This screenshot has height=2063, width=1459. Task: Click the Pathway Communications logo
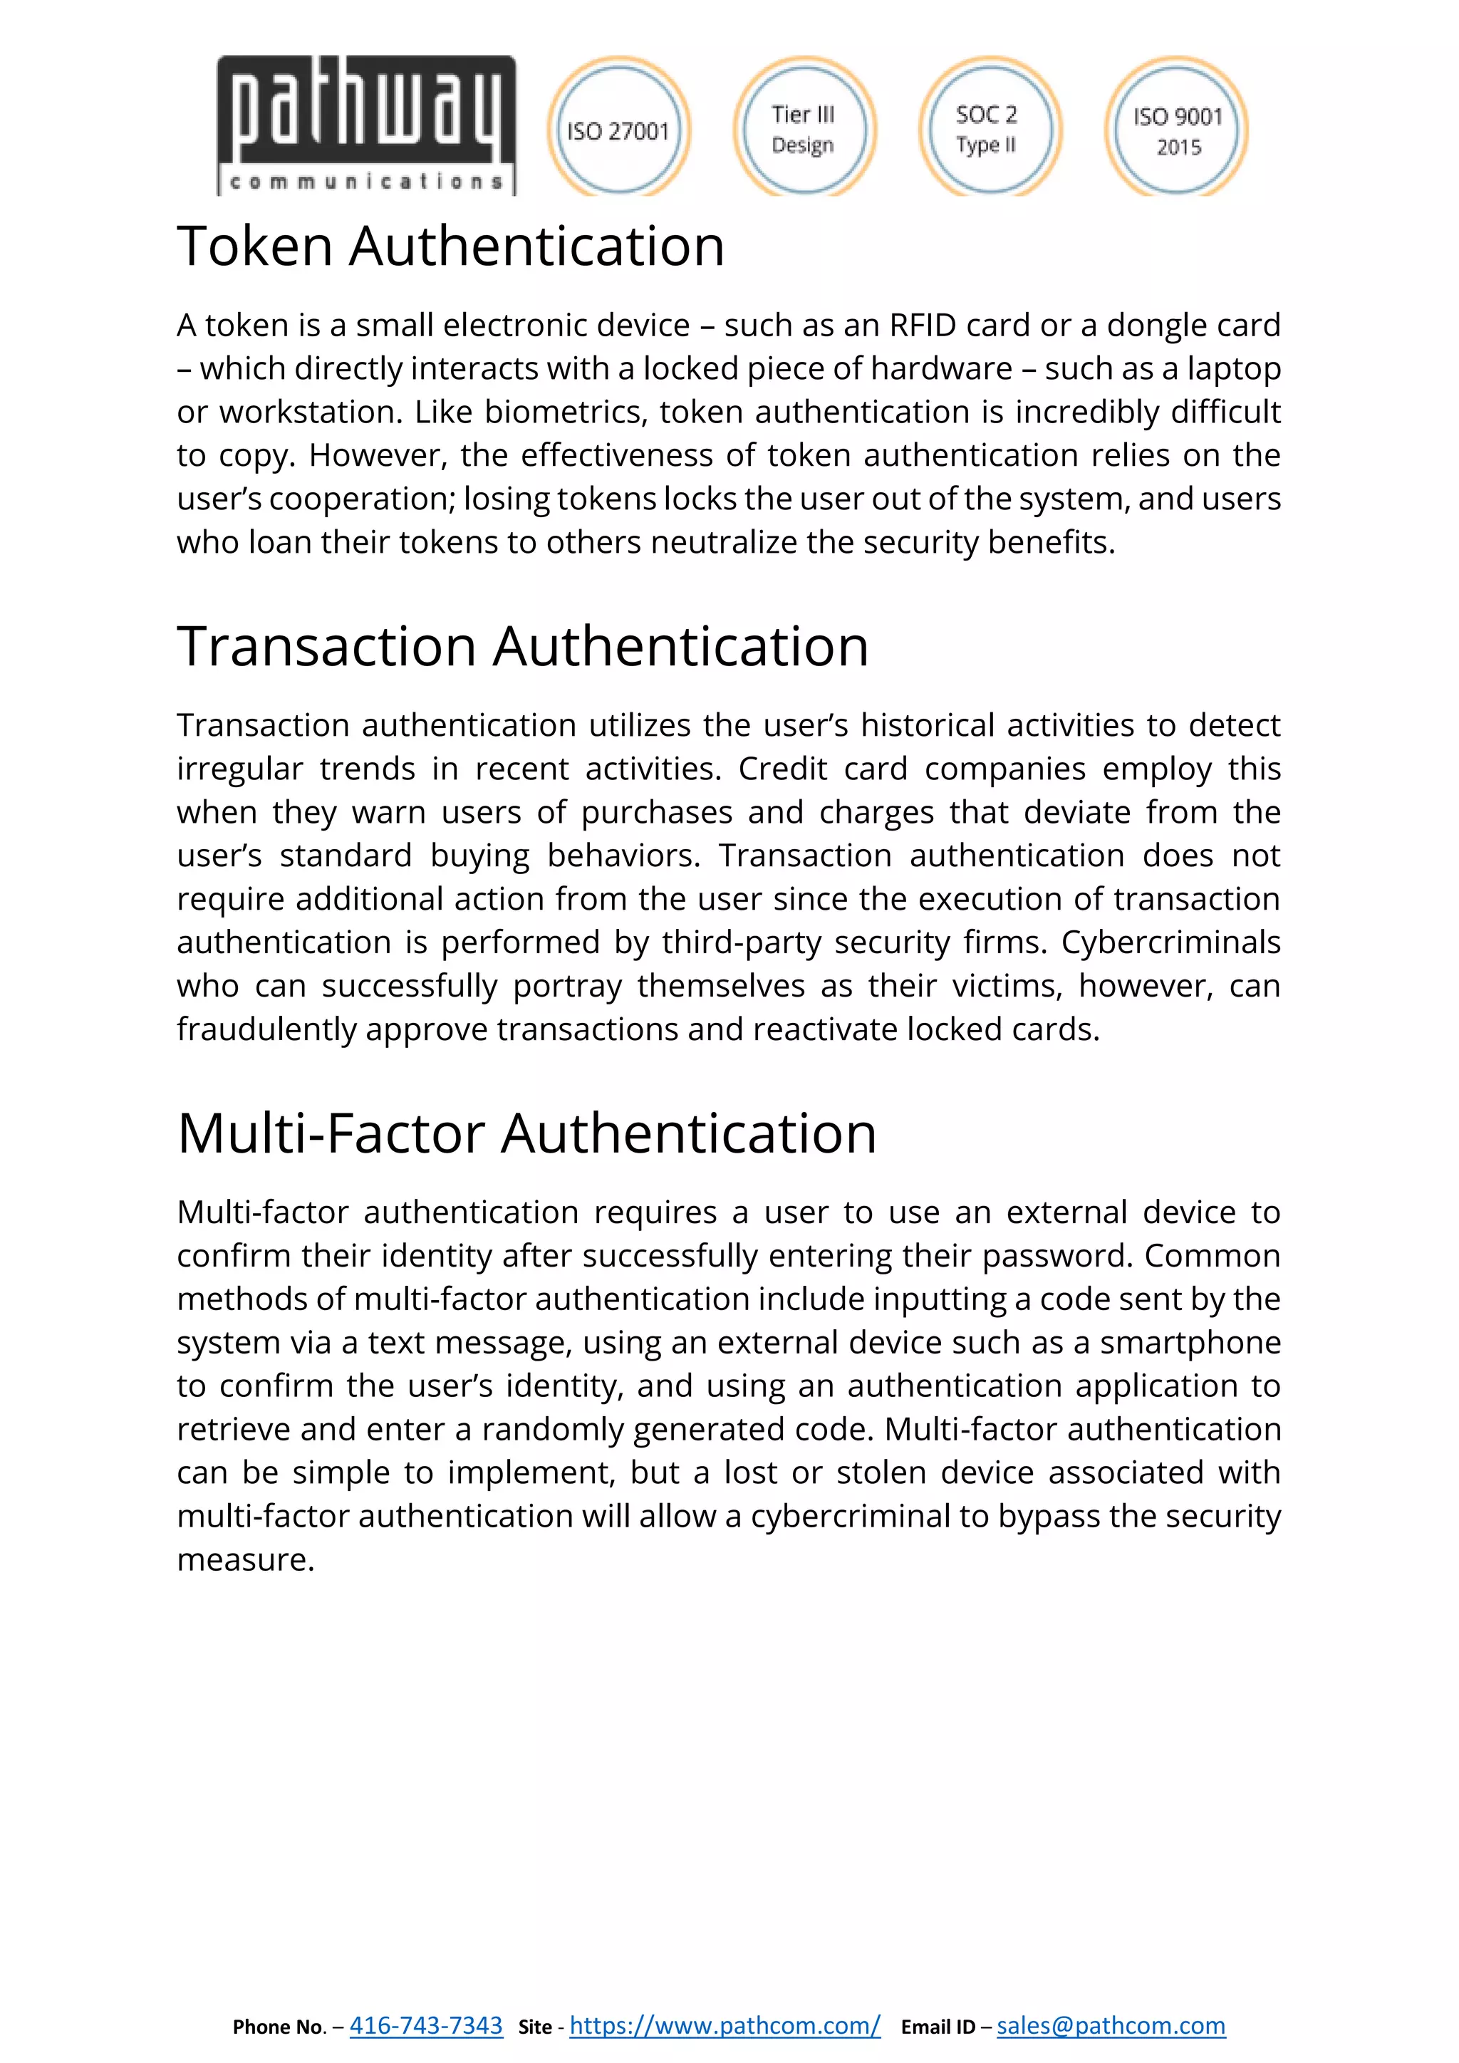tap(367, 126)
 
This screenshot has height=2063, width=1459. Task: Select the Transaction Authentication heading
tap(523, 646)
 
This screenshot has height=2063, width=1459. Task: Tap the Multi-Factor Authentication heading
tap(526, 1133)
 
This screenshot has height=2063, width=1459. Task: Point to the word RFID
tap(922, 326)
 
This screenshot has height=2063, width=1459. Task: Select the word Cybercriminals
tap(1170, 942)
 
